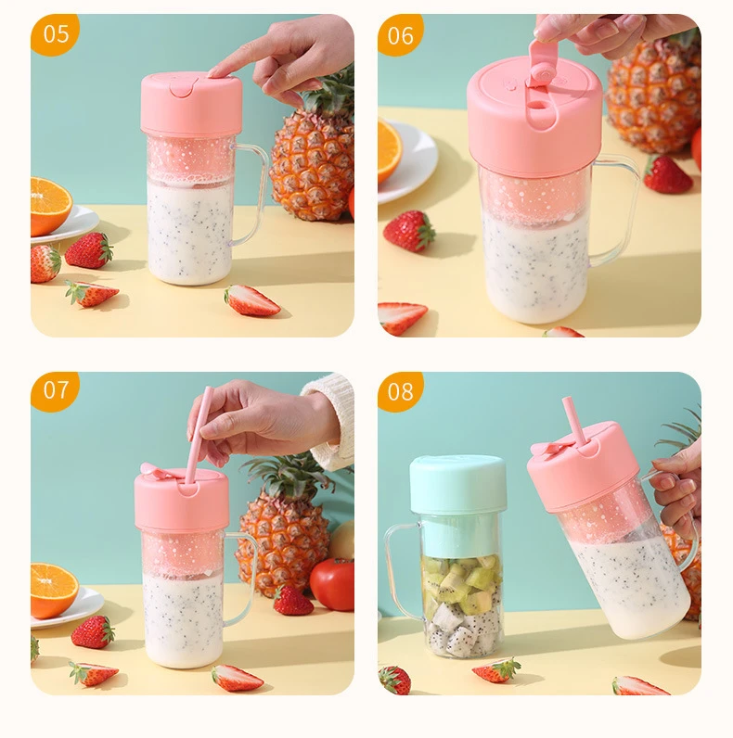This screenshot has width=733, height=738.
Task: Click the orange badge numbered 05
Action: [x=56, y=34]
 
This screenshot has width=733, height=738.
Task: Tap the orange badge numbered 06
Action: [x=401, y=34]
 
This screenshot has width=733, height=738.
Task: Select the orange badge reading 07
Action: [x=56, y=390]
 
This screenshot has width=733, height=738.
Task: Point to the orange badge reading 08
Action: [x=401, y=390]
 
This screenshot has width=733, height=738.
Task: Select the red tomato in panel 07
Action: [x=332, y=584]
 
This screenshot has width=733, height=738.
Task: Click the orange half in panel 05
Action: [x=49, y=205]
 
